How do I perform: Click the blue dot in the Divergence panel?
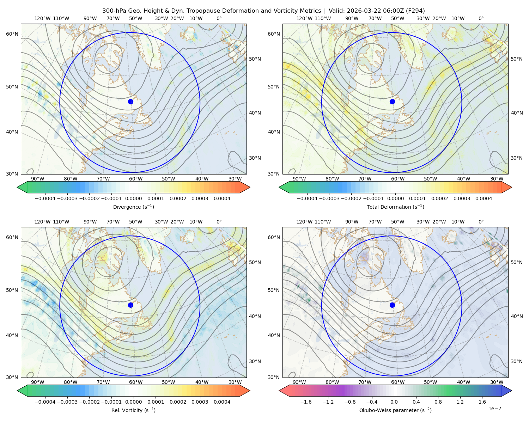click(130, 102)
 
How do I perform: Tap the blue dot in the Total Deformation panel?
click(392, 102)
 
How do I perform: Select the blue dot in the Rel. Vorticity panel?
click(130, 305)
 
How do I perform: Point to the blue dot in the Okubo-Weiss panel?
click(392, 305)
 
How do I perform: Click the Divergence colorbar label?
click(133, 207)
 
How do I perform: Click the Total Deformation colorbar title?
click(395, 207)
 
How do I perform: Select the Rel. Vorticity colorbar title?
click(133, 410)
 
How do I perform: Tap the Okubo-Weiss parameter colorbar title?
click(395, 410)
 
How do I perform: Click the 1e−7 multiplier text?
click(494, 409)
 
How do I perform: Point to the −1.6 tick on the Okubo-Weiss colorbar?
click(306, 402)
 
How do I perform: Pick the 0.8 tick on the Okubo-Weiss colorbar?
click(438, 402)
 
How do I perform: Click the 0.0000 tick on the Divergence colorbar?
click(133, 198)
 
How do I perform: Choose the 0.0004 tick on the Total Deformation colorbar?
click(484, 198)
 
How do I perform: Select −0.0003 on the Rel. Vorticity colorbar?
click(67, 402)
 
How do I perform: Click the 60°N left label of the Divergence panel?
click(12, 34)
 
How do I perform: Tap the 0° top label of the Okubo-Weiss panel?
click(481, 222)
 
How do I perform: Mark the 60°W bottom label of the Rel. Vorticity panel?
click(136, 382)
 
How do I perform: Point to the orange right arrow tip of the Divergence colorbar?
click(250, 187)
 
